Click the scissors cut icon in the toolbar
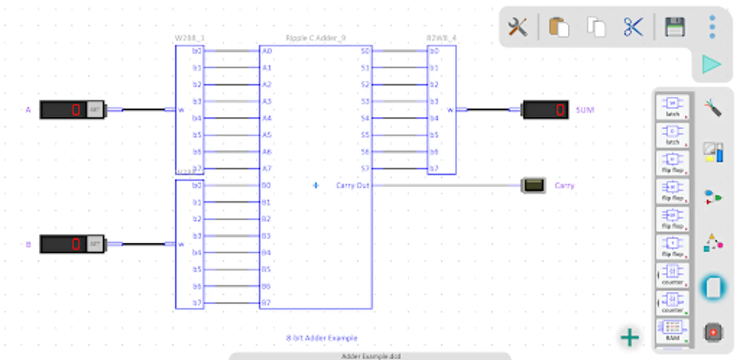click(633, 27)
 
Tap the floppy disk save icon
click(675, 27)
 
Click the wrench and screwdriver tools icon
click(518, 27)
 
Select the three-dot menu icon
click(712, 27)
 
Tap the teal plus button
click(630, 337)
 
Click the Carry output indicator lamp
click(534, 185)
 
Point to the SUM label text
click(585, 110)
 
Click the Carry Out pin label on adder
click(352, 185)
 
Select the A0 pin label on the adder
click(267, 51)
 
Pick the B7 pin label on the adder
click(266, 303)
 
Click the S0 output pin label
click(365, 51)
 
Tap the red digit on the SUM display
click(560, 110)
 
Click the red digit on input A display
click(76, 110)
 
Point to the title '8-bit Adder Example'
click(321, 338)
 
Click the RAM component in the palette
click(672, 330)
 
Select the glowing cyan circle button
click(713, 288)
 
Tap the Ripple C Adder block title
click(315, 38)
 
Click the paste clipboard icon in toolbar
click(559, 27)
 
